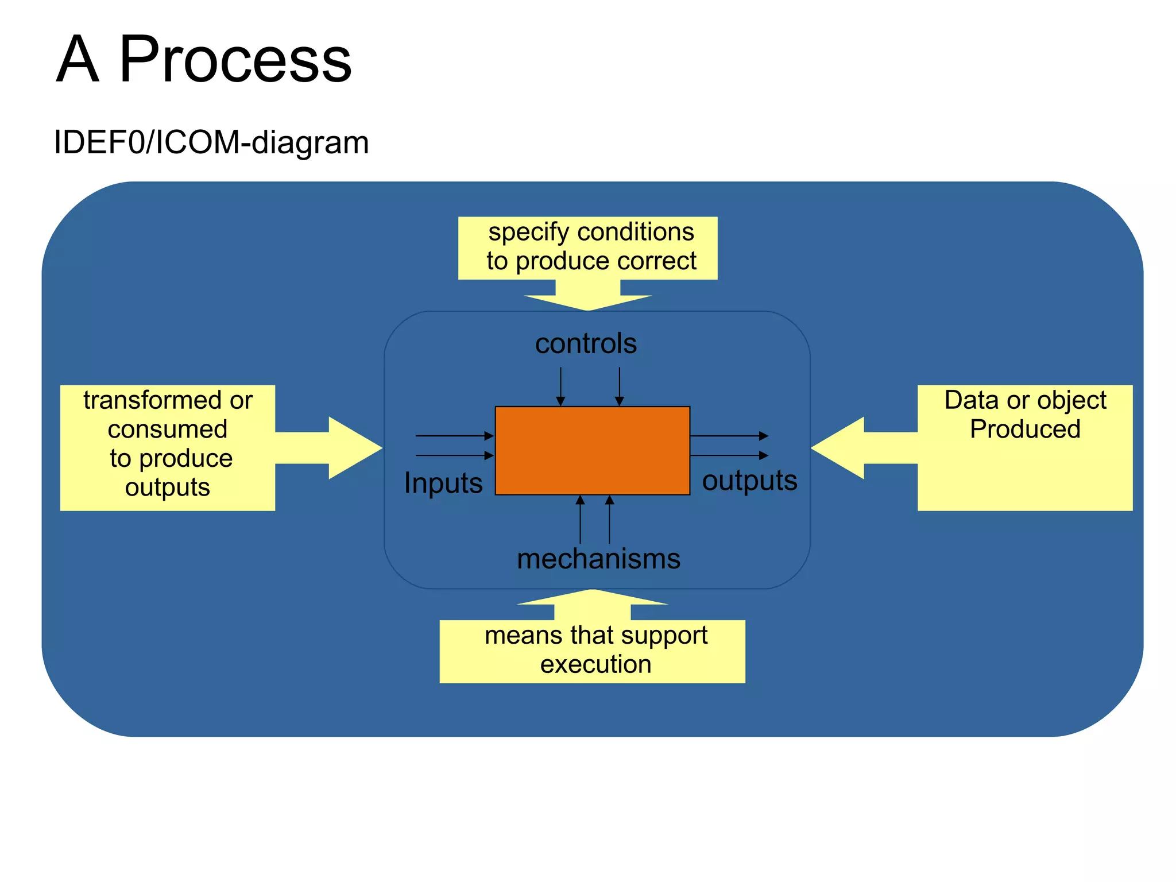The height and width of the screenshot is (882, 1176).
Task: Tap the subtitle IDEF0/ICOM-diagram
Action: (211, 142)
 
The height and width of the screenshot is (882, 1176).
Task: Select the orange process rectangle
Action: (592, 450)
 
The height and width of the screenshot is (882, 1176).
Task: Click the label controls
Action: (586, 343)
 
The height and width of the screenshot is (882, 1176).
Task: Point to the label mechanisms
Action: (598, 559)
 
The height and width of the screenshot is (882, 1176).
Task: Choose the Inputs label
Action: (443, 482)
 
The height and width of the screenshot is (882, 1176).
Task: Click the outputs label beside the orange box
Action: (749, 480)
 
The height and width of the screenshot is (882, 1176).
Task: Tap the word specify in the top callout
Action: (528, 233)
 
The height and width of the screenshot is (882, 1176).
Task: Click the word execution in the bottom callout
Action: (595, 664)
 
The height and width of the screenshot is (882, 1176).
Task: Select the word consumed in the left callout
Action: (167, 429)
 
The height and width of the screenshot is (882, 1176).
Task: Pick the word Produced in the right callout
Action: (1025, 429)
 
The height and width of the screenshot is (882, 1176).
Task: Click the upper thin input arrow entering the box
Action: (454, 436)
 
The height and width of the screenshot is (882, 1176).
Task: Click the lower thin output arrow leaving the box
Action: (729, 455)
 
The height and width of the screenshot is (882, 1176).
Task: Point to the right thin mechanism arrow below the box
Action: (610, 520)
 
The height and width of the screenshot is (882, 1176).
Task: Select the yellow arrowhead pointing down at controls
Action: (587, 301)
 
